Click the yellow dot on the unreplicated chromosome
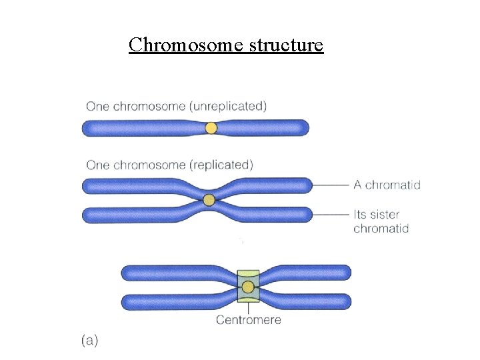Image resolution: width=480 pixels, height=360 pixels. coord(211,127)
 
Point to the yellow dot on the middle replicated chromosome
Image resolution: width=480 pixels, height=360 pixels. coord(209,199)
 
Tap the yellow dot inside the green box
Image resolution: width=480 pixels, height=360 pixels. coord(248,287)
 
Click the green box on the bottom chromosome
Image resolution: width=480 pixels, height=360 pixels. coord(248,275)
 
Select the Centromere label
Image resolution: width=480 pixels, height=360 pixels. coord(248,320)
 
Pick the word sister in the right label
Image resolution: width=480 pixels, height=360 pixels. coord(385,215)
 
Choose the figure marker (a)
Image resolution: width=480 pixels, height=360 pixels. coord(90,341)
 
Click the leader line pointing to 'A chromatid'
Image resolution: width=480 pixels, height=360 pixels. coord(331,185)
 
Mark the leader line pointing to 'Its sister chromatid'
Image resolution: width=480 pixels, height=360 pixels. coord(331,215)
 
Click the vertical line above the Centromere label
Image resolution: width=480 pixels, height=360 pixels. coord(248,308)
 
